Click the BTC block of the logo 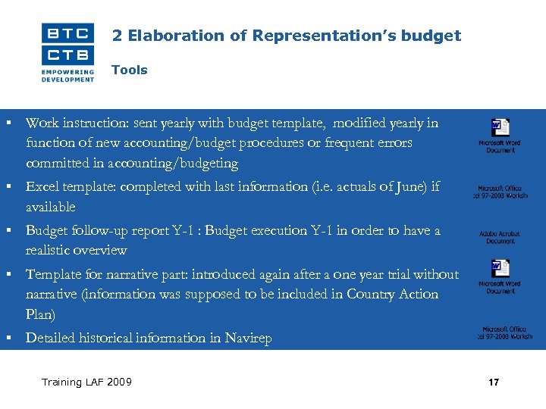pyautogui.click(x=67, y=33)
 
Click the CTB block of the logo pyautogui.click(x=67, y=55)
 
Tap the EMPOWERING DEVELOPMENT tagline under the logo pyautogui.click(x=67, y=75)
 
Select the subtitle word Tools pyautogui.click(x=129, y=70)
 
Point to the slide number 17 pyautogui.click(x=494, y=382)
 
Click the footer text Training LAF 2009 pyautogui.click(x=86, y=382)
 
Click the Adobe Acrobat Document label pyautogui.click(x=500, y=238)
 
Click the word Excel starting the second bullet pyautogui.click(x=42, y=186)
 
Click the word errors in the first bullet pyautogui.click(x=392, y=142)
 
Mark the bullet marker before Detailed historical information pyautogui.click(x=7, y=337)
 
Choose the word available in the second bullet pyautogui.click(x=51, y=207)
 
